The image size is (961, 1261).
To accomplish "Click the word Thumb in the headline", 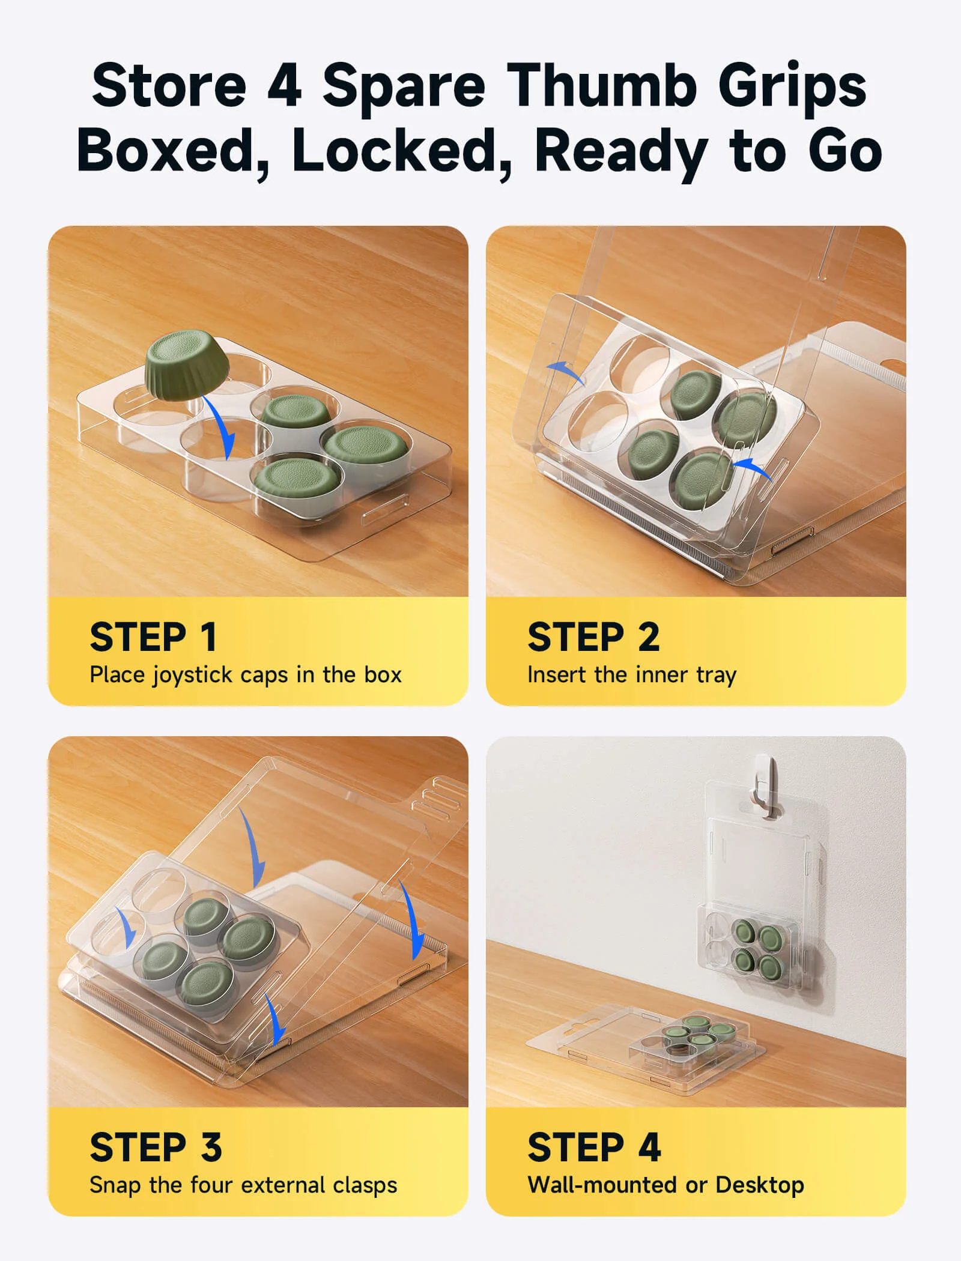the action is [x=602, y=86].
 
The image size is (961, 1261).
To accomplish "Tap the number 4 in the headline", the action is [x=284, y=86].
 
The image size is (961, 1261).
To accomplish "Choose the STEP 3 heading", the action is [x=156, y=1147].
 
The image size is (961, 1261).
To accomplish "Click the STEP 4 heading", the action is [x=595, y=1147].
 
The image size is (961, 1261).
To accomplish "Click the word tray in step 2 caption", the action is [x=716, y=676].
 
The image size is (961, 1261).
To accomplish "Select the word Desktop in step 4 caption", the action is [x=760, y=1185].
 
